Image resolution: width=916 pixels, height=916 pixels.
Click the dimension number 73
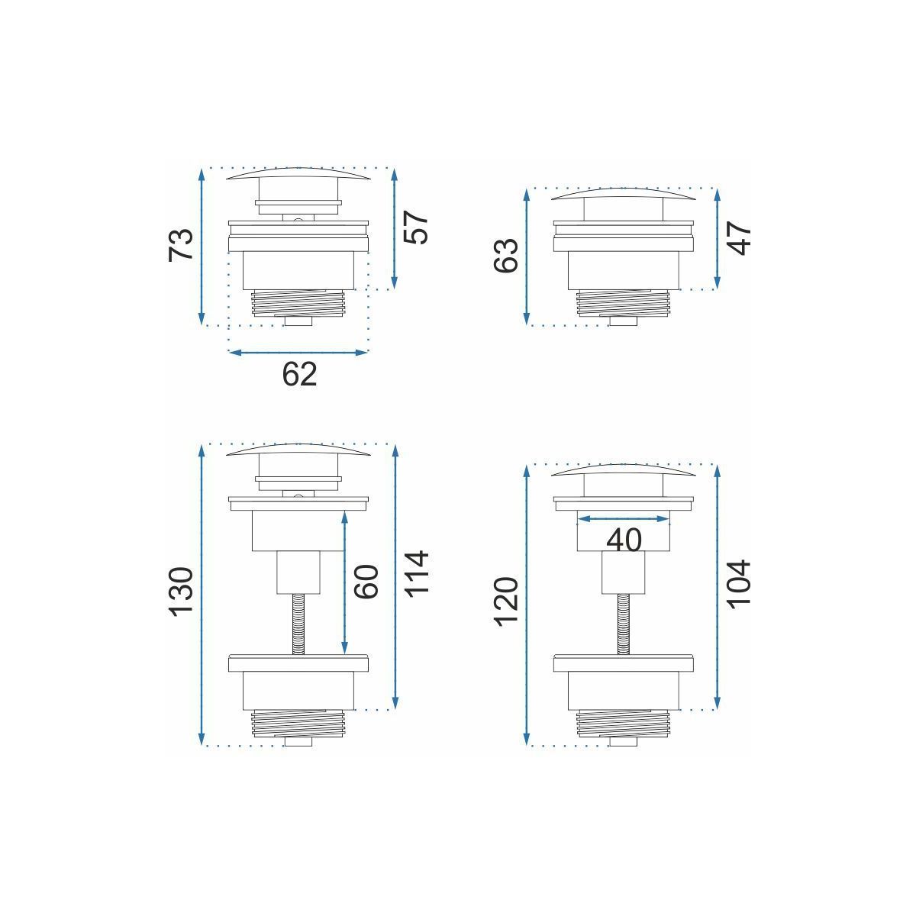[x=181, y=244]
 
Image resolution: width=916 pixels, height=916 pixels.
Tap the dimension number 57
[x=416, y=227]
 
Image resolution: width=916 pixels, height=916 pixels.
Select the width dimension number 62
[x=299, y=374]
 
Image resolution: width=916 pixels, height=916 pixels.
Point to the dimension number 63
[x=506, y=256]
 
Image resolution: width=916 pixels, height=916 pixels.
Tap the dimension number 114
[x=417, y=572]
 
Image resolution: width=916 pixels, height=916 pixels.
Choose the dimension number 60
[x=366, y=582]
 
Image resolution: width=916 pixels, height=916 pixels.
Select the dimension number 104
[x=739, y=584]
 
